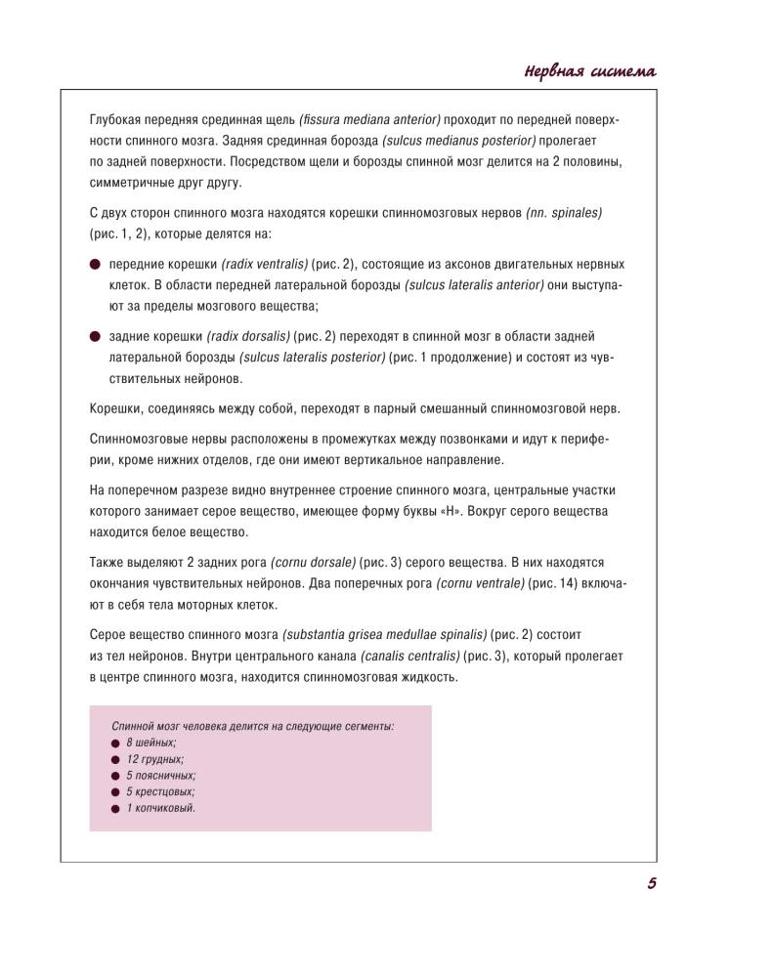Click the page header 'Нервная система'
click(x=589, y=71)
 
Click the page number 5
click(x=651, y=883)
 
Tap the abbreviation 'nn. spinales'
click(x=564, y=212)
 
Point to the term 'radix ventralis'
click(x=265, y=265)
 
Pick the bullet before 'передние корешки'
click(x=95, y=265)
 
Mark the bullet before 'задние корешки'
click(x=95, y=336)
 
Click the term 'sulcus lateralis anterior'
click(x=474, y=285)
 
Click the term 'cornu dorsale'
click(x=313, y=563)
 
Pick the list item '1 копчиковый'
click(x=160, y=808)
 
